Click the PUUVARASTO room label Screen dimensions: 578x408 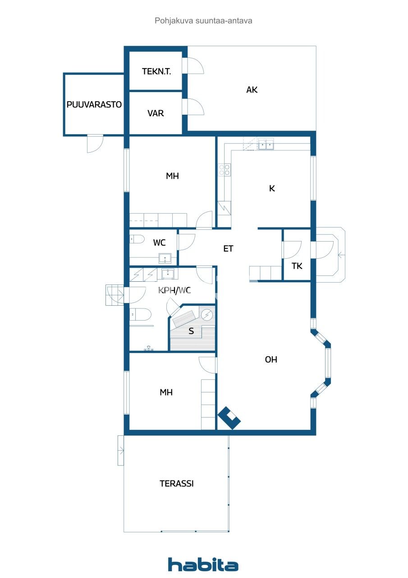click(94, 105)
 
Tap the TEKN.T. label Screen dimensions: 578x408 click(156, 71)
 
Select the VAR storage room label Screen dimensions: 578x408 click(156, 113)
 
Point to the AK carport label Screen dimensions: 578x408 click(252, 90)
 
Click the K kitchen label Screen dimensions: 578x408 click(272, 189)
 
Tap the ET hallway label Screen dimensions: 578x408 click(228, 248)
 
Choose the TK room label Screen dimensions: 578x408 click(297, 266)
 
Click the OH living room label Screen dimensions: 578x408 click(271, 360)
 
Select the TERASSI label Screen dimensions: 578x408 click(177, 484)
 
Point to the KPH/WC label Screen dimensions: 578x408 click(174, 290)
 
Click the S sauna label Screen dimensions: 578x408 click(191, 331)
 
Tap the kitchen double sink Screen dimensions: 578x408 click(266, 144)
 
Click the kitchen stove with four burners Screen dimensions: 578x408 click(224, 170)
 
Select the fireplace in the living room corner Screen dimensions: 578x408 click(229, 418)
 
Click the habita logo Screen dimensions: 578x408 click(203, 565)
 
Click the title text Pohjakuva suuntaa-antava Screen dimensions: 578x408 click(203, 21)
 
